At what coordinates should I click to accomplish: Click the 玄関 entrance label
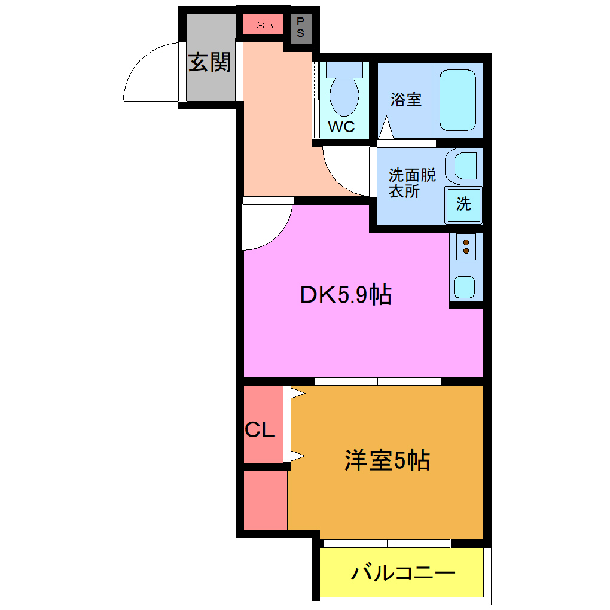click(210, 62)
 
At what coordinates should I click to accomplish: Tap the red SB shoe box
click(264, 25)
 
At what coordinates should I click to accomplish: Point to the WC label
click(341, 127)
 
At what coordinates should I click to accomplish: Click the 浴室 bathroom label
click(406, 99)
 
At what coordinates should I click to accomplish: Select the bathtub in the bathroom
click(457, 100)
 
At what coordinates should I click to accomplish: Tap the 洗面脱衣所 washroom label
click(412, 183)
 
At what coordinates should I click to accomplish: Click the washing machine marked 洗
click(463, 204)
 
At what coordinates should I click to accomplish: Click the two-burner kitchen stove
click(466, 246)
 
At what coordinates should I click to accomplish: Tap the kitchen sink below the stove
click(466, 288)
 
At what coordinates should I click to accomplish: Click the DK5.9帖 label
click(346, 294)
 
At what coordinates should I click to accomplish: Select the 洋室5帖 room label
click(386, 460)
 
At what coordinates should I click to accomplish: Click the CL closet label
click(261, 429)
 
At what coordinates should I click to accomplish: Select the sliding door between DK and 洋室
click(377, 381)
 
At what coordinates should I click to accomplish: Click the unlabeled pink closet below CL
click(265, 499)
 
